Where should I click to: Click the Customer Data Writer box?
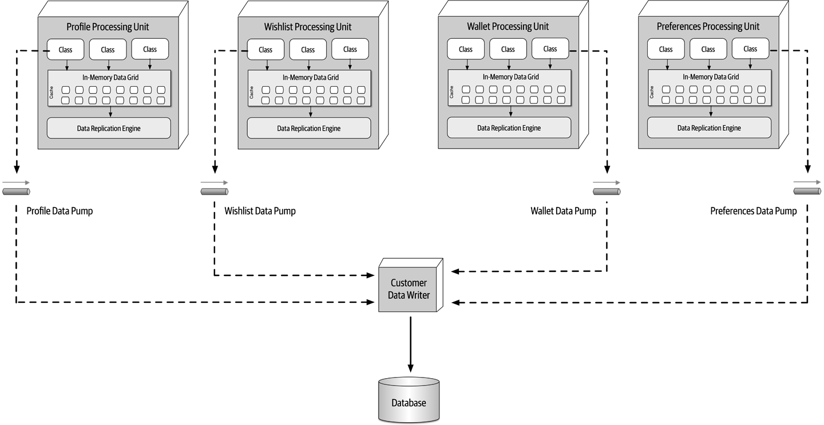[x=409, y=289]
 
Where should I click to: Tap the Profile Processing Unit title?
[x=108, y=26]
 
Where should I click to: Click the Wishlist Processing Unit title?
[x=308, y=26]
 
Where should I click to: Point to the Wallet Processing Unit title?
[x=508, y=26]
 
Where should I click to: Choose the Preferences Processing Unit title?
[x=708, y=26]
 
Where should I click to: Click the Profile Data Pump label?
[x=60, y=211]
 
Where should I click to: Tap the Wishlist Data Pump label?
[x=260, y=211]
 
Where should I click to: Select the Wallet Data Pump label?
[x=563, y=211]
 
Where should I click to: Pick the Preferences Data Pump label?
[x=753, y=211]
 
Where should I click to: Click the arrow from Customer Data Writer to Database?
[x=410, y=343]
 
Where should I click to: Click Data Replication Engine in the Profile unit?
[x=109, y=129]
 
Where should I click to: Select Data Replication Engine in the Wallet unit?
[x=509, y=128]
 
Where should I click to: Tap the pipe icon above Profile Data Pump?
[x=16, y=191]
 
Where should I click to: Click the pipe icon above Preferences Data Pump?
[x=807, y=191]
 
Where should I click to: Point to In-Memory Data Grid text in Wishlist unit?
[x=310, y=77]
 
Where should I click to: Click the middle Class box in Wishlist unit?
[x=308, y=50]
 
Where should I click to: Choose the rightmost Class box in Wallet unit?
[x=550, y=49]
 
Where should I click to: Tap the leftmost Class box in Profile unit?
[x=65, y=50]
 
